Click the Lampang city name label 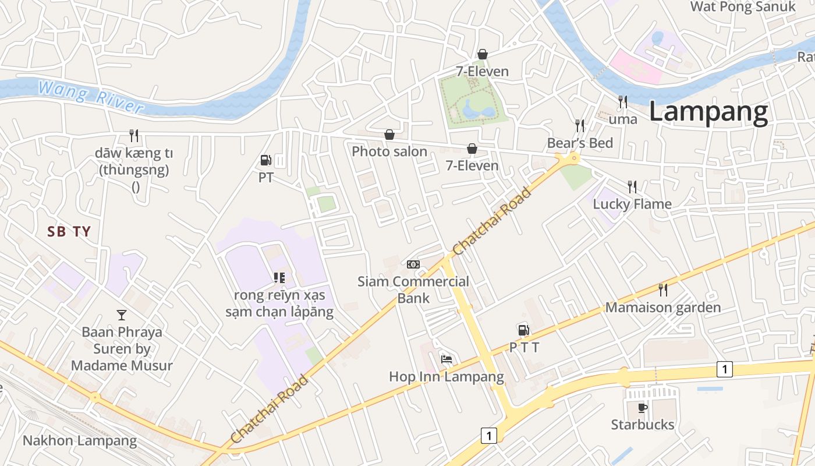708,112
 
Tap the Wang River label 90,97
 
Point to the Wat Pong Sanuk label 742,7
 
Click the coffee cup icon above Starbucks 642,408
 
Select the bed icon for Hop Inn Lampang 447,359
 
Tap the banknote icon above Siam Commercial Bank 413,264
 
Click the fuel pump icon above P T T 524,330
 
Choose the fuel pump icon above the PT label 265,160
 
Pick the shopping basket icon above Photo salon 389,135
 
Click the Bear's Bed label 580,143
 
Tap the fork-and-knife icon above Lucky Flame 632,187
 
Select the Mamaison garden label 663,308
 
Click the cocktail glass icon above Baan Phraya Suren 121,315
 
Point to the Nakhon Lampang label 80,440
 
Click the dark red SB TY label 69,232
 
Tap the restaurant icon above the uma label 623,102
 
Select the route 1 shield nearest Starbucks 724,369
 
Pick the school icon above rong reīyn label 279,278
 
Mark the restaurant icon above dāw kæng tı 134,136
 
